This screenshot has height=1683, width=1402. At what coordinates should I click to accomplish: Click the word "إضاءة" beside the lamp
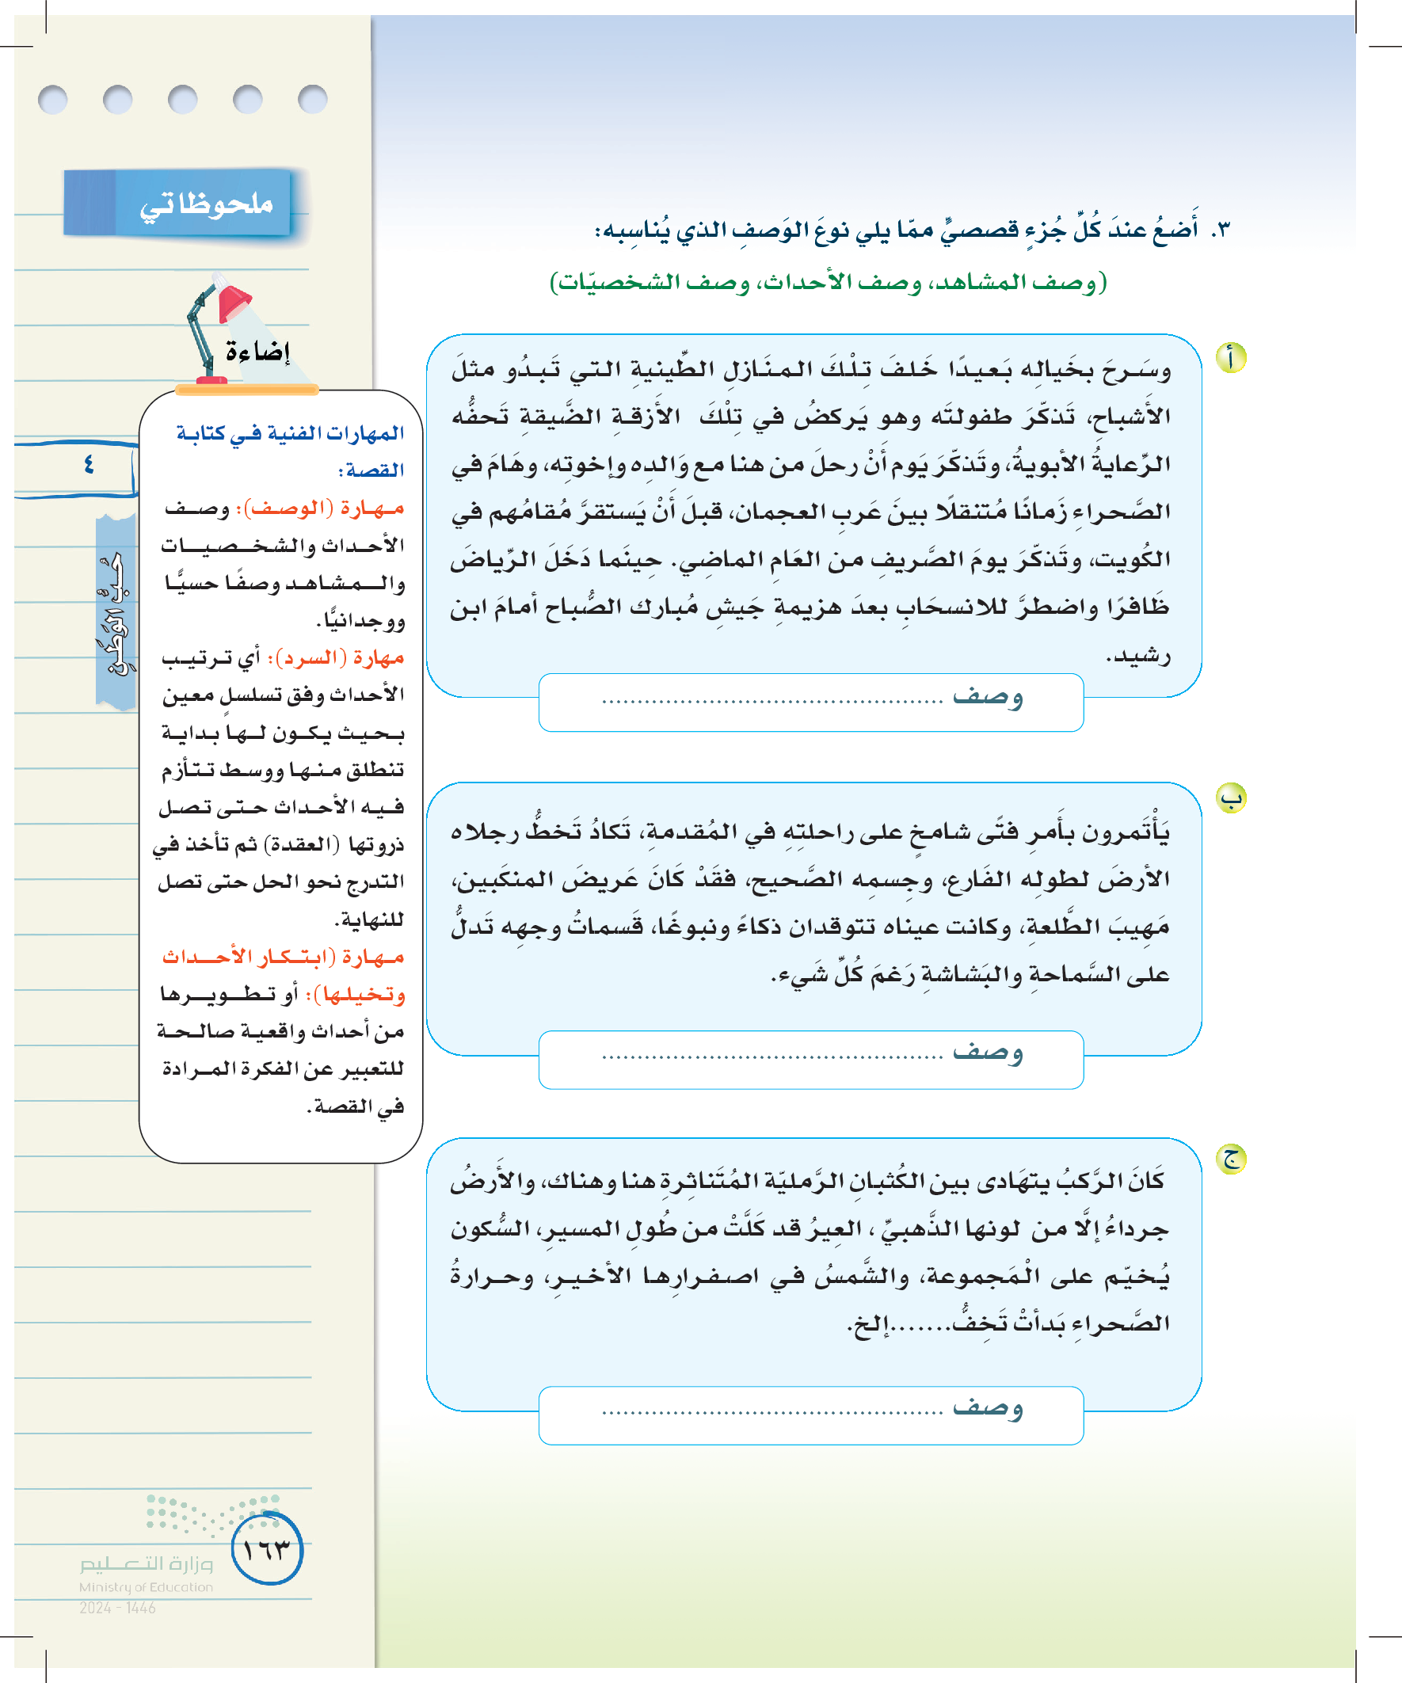point(257,351)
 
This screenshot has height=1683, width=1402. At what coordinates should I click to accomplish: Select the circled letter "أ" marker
point(1230,357)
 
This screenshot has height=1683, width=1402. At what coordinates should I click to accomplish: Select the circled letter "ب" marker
point(1230,798)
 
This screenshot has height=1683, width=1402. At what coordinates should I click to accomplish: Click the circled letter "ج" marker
point(1230,1159)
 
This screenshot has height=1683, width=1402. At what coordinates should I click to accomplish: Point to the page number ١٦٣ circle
point(267,1549)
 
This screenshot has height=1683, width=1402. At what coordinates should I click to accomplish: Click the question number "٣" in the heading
point(1220,230)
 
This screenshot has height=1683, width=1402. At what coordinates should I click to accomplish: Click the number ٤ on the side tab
point(88,464)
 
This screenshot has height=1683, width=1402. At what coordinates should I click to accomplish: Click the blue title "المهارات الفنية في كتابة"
point(290,433)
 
